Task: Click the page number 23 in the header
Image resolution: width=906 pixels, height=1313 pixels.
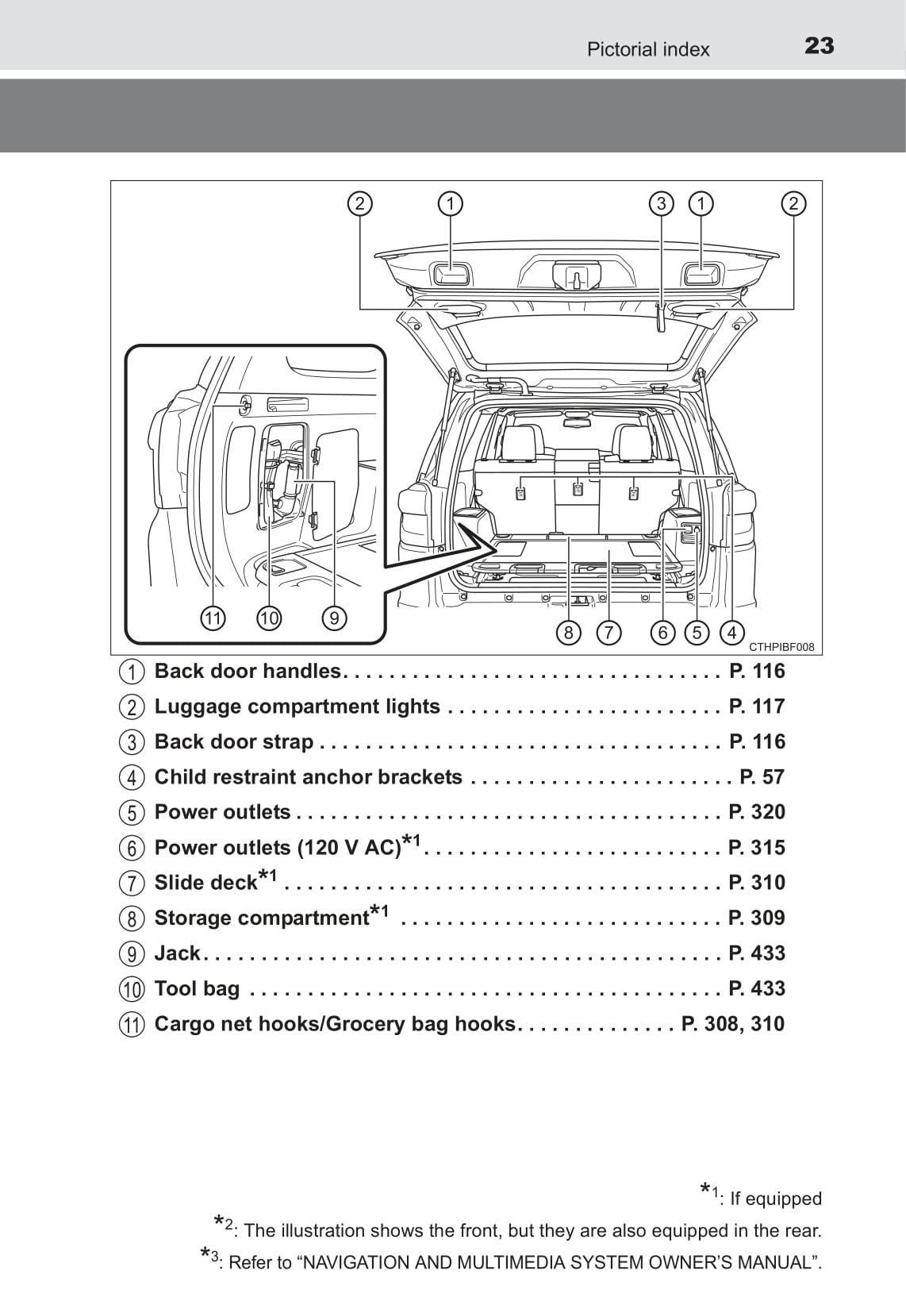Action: [x=819, y=46]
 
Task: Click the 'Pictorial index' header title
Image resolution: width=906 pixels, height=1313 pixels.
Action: [x=647, y=49]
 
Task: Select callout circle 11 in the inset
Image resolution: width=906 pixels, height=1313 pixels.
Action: [x=213, y=618]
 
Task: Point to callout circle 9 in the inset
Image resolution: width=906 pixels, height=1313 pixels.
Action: [x=334, y=618]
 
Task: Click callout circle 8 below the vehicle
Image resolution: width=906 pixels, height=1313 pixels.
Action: [x=568, y=633]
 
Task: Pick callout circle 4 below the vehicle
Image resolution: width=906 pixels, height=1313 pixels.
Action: [x=731, y=633]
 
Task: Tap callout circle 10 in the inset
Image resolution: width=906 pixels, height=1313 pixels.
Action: [x=269, y=618]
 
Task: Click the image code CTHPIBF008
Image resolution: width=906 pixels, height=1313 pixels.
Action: [x=781, y=647]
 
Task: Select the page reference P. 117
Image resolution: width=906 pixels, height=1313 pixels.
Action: [x=757, y=706]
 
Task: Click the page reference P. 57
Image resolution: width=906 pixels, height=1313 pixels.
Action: [x=762, y=776]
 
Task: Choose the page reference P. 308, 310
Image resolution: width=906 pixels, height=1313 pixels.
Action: [x=732, y=1023]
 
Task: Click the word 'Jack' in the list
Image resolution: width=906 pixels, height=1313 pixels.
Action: [x=177, y=953]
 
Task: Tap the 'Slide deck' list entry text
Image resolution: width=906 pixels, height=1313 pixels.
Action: [x=205, y=883]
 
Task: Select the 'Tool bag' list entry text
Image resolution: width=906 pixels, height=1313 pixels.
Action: [x=197, y=988]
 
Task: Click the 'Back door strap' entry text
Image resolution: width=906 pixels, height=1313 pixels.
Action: [x=233, y=741]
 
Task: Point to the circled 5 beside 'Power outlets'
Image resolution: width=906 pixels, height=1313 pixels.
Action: [x=132, y=813]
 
